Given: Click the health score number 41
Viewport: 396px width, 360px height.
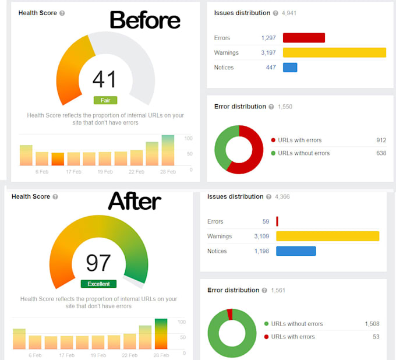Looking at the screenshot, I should pyautogui.click(x=105, y=79).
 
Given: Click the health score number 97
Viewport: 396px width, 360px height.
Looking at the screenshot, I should pyautogui.click(x=98, y=263).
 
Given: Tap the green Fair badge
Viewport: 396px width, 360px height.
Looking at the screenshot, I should pyautogui.click(x=105, y=100).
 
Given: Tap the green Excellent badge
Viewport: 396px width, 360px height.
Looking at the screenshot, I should pyautogui.click(x=98, y=284).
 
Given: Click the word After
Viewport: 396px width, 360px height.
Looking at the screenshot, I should pyautogui.click(x=135, y=202).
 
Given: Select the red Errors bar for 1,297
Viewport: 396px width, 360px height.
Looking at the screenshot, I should pyautogui.click(x=303, y=38).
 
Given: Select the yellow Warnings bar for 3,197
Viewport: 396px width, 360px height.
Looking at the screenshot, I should pyautogui.click(x=334, y=52).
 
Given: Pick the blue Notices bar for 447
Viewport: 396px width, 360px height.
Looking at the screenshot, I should pyautogui.click(x=290, y=68).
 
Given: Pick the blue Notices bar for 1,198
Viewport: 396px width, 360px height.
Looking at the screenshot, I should pyautogui.click(x=296, y=251).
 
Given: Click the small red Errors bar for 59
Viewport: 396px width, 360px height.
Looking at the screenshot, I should pyautogui.click(x=277, y=221).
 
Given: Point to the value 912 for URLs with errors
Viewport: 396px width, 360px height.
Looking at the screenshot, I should pyautogui.click(x=381, y=140).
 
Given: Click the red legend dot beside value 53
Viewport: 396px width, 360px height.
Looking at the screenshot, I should pyautogui.click(x=267, y=337).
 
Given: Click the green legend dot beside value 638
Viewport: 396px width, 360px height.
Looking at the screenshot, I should pyautogui.click(x=274, y=153).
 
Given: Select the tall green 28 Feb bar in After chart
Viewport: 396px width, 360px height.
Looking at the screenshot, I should pyautogui.click(x=161, y=334).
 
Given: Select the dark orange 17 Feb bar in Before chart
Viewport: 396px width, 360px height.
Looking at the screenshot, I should pyautogui.click(x=58, y=159).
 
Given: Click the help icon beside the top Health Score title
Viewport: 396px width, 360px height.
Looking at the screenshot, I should pyautogui.click(x=62, y=13).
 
